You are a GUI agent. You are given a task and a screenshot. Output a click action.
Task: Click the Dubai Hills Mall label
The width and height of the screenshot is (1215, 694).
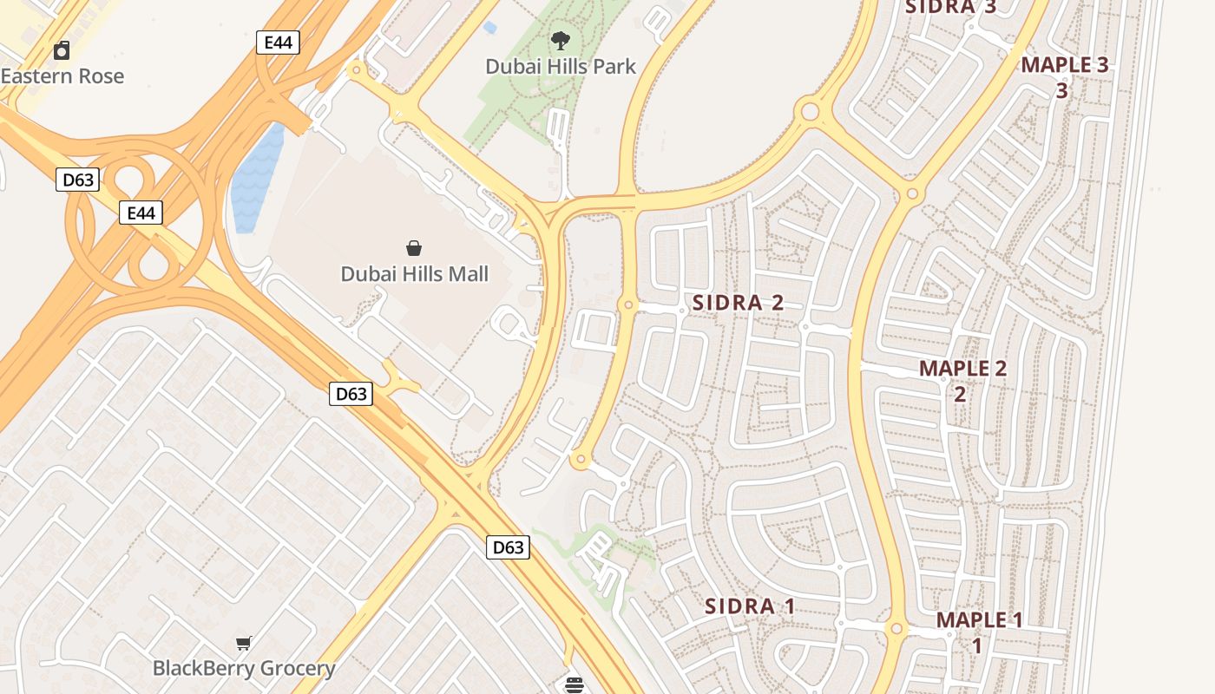(414, 274)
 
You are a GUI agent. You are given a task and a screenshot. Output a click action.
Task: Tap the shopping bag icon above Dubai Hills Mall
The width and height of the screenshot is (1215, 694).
(414, 249)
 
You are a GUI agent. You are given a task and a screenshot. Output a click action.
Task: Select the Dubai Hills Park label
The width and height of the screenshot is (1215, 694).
(561, 66)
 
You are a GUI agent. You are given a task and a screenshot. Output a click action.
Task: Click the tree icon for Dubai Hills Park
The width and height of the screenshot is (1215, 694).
(561, 40)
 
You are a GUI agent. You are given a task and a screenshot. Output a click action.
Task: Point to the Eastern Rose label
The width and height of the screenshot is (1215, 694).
(62, 76)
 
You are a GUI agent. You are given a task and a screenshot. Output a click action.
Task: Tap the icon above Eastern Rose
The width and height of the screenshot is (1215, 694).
(62, 50)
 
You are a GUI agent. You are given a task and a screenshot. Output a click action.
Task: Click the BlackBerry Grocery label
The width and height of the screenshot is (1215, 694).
(244, 668)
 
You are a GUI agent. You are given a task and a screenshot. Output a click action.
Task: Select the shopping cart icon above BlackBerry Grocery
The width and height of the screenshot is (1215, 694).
(244, 643)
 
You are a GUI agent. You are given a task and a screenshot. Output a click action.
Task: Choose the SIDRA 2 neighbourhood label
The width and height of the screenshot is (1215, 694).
(738, 303)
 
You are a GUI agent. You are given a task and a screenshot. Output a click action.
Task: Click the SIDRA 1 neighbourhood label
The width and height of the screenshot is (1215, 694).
(750, 606)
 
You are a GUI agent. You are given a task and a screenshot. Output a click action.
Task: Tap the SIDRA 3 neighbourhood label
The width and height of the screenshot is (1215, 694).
(950, 7)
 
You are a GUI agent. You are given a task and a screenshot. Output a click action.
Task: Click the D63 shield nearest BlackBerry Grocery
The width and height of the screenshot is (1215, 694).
(507, 547)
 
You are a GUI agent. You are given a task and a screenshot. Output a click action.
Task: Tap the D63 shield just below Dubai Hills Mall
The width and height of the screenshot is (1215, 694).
(351, 394)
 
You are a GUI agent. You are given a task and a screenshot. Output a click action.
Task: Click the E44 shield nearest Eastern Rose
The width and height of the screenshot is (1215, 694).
(278, 43)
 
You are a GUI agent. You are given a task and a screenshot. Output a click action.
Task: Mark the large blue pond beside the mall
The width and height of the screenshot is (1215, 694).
(257, 178)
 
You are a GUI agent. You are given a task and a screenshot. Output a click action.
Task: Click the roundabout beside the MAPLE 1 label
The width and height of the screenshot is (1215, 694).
(897, 628)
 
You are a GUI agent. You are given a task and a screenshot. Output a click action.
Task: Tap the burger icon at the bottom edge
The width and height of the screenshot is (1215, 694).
(573, 685)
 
